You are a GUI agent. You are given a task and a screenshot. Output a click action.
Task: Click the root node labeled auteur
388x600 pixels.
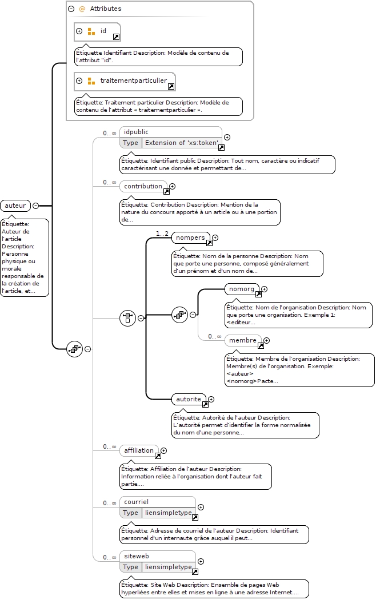tap(15, 206)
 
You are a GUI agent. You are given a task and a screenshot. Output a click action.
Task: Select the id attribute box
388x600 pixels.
tap(97, 32)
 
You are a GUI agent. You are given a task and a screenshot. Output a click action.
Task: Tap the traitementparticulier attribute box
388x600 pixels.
tap(125, 82)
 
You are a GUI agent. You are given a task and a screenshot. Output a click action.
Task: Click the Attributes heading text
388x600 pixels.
tap(106, 9)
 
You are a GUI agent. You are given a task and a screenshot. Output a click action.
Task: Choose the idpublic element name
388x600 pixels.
tap(136, 132)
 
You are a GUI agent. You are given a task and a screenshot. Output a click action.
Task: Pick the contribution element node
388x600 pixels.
tap(143, 186)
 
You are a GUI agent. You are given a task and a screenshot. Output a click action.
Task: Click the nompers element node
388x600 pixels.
tap(191, 237)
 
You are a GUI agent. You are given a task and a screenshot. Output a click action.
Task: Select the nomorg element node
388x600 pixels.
tap(242, 289)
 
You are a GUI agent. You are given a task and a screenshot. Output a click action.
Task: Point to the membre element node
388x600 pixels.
tap(243, 340)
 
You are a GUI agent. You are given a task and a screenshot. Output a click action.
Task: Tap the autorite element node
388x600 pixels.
tap(189, 399)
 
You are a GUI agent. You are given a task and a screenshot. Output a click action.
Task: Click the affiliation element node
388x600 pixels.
tap(139, 450)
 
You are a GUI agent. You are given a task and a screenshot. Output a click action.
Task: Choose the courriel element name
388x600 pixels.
tap(137, 502)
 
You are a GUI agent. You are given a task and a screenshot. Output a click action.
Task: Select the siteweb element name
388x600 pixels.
tap(137, 556)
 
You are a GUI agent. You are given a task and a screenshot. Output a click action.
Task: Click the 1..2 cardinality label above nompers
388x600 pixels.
tap(162, 233)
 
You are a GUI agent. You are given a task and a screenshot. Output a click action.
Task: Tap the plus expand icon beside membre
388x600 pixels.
tap(267, 341)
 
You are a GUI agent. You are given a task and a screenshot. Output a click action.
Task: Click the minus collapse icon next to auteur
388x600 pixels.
tap(35, 206)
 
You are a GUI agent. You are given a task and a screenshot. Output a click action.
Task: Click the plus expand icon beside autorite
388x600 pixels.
tap(211, 400)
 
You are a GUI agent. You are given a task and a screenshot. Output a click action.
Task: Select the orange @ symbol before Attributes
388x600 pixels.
tap(82, 9)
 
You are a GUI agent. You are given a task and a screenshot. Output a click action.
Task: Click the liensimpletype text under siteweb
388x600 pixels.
tap(168, 567)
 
